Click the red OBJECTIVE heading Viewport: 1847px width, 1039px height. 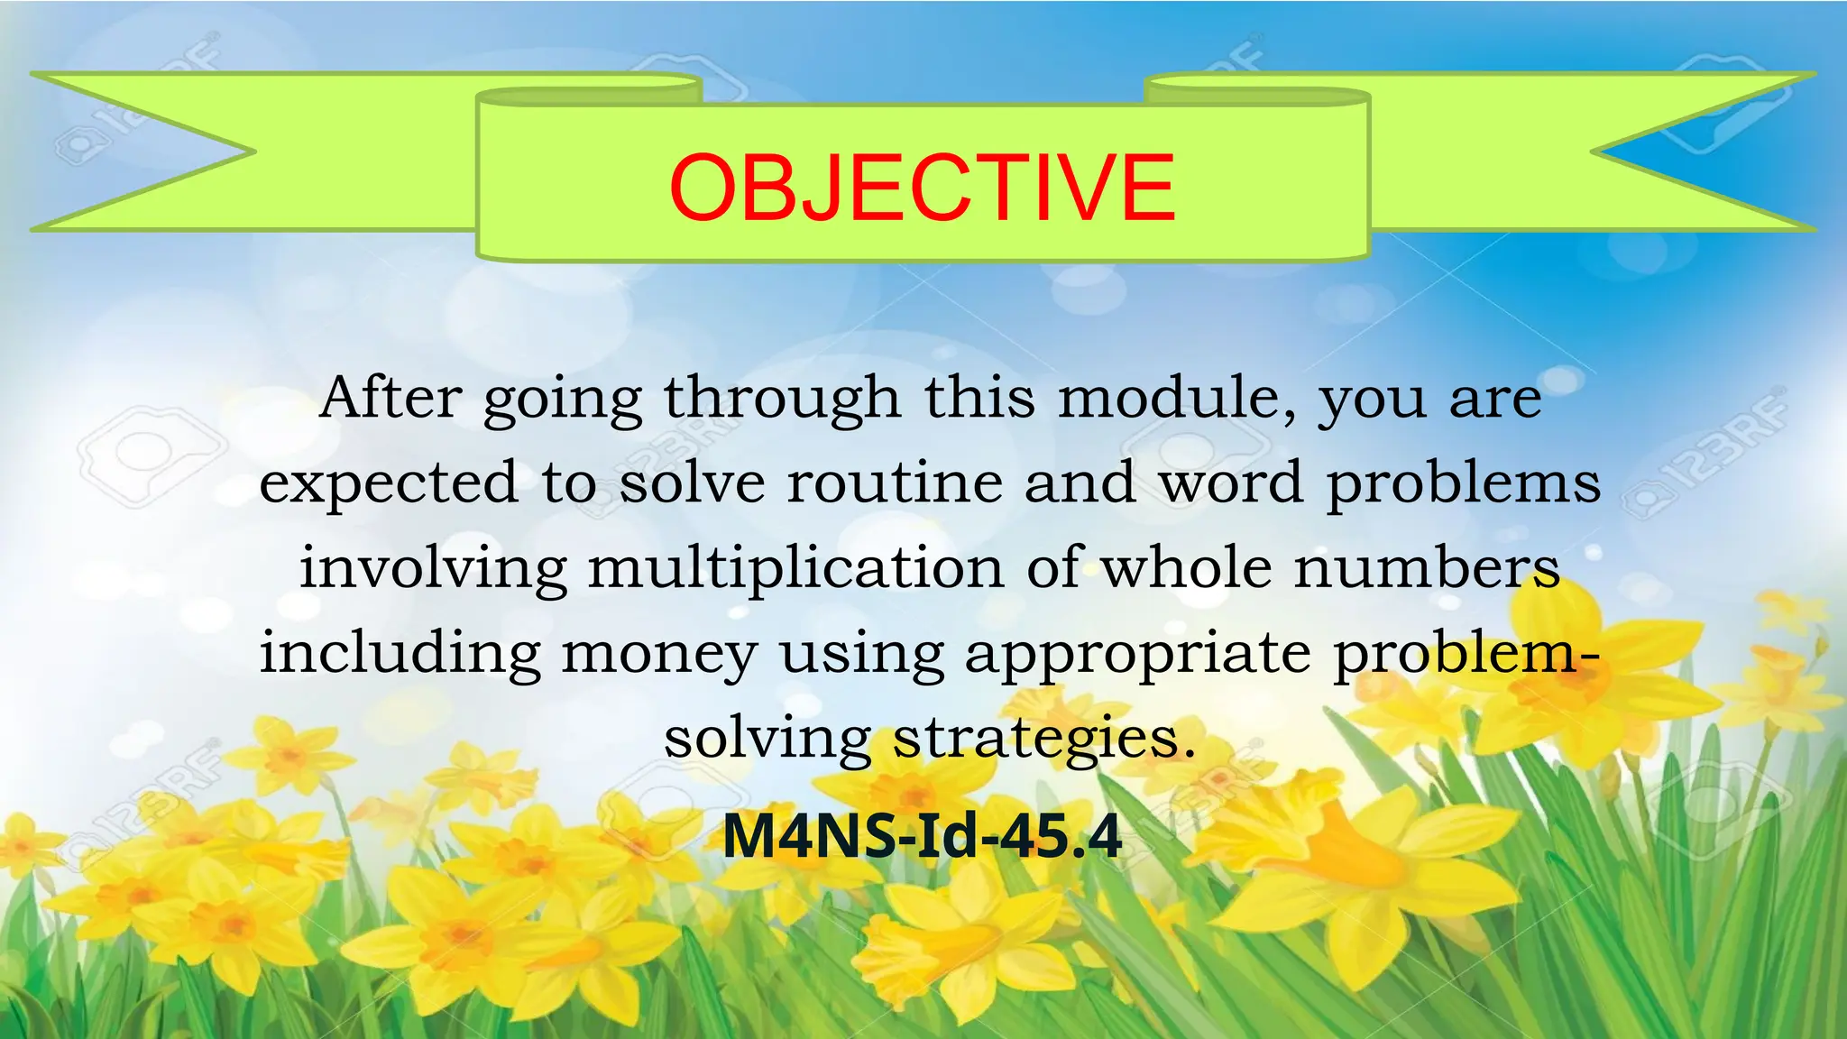(922, 188)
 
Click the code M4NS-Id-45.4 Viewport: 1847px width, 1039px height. (922, 836)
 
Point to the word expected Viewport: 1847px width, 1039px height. (389, 484)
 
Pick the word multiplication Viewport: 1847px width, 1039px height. (795, 569)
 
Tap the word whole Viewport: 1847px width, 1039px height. (1186, 567)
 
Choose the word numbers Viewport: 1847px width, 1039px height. (1427, 567)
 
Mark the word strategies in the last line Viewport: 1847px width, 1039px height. (1043, 739)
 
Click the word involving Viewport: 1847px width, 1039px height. (433, 569)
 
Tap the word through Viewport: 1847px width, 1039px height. (782, 399)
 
